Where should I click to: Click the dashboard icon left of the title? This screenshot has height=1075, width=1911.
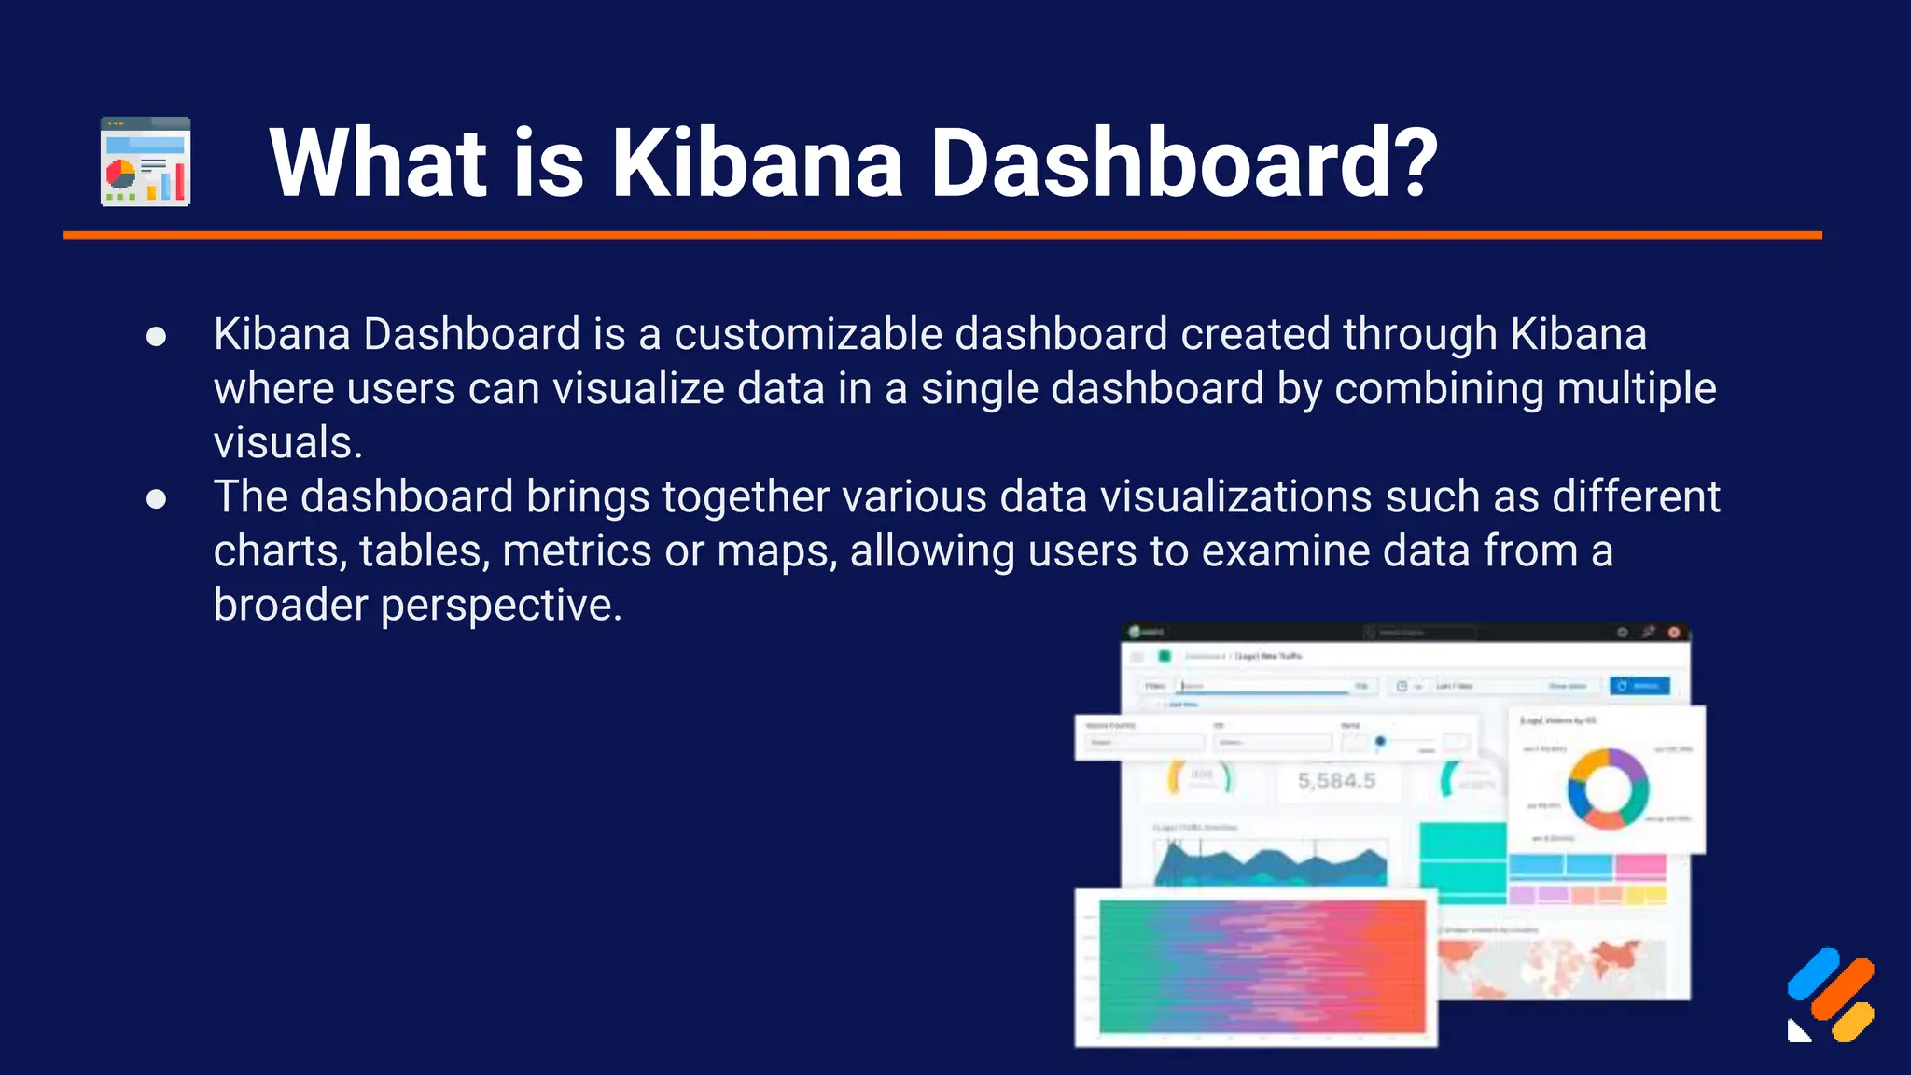(146, 161)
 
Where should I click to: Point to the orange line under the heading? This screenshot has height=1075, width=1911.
(942, 235)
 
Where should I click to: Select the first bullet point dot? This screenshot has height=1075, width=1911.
(157, 337)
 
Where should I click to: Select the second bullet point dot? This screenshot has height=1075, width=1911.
(157, 499)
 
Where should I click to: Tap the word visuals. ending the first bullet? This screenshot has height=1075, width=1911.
(287, 442)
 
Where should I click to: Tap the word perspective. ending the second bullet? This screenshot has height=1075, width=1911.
(501, 605)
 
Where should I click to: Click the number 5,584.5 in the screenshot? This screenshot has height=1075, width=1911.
(1336, 781)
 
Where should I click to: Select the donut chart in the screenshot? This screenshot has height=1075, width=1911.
(1607, 789)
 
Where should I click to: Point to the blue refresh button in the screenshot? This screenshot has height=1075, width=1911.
(1639, 686)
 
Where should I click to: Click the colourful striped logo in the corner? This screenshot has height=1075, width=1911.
(1831, 995)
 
